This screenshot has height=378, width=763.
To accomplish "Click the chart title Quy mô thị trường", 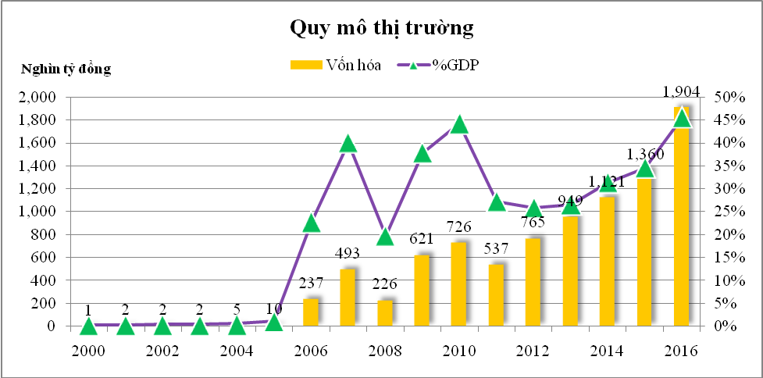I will [x=382, y=29].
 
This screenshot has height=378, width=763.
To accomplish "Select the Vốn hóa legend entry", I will [x=336, y=66].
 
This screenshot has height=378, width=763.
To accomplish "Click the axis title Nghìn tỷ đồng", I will [x=66, y=70].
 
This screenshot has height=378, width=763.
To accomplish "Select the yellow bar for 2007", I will [x=348, y=298].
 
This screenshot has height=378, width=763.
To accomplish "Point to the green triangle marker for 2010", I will [x=459, y=125].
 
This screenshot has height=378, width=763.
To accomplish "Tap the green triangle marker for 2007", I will [x=348, y=144].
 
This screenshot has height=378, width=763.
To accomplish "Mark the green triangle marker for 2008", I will [x=385, y=237].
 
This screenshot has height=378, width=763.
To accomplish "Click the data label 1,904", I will [x=681, y=91].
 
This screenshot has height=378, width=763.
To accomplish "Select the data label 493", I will [x=348, y=254].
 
